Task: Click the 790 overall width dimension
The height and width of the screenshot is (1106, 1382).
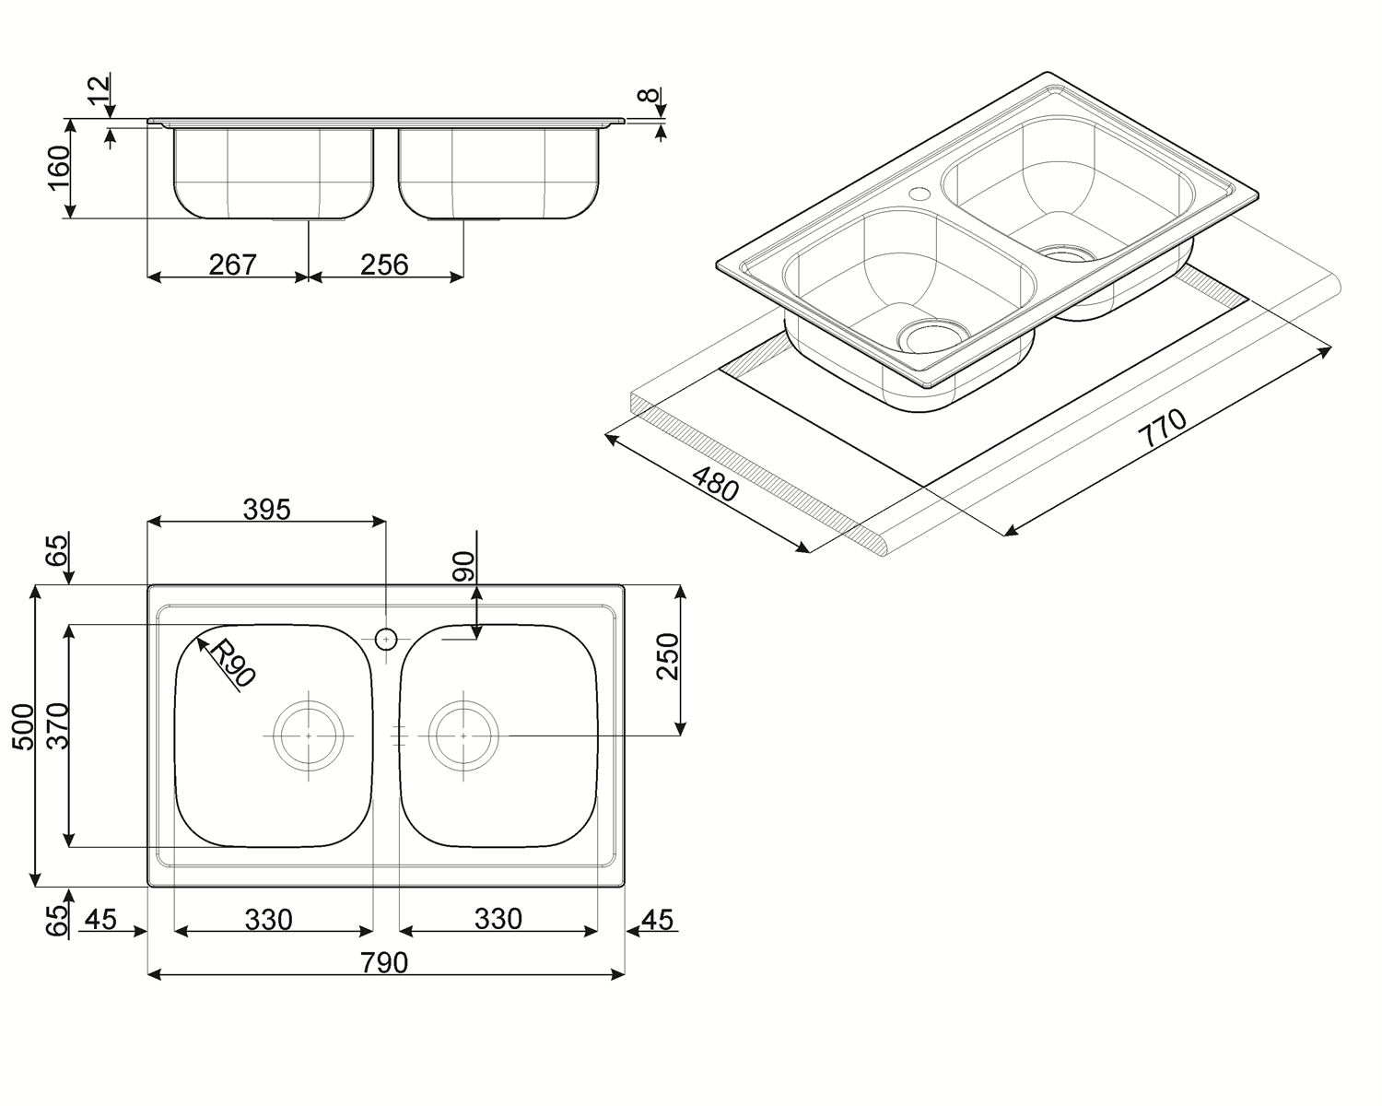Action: point(384,962)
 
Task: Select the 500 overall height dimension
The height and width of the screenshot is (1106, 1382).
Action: point(24,727)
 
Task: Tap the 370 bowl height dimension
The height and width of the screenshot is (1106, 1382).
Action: point(58,725)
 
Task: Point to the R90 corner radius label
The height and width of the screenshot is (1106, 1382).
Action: point(232,662)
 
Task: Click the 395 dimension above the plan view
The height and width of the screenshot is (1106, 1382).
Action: point(266,510)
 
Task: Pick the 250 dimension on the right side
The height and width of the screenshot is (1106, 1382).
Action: point(668,656)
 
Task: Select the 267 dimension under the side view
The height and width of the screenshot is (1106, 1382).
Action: point(232,265)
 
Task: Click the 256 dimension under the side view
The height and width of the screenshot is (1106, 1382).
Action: point(384,265)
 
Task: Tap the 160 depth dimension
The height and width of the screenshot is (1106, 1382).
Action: point(59,169)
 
